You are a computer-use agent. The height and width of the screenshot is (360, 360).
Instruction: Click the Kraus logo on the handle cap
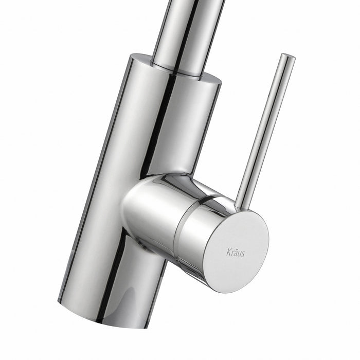click(236, 253)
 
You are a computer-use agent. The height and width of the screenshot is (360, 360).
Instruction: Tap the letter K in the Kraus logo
click(228, 251)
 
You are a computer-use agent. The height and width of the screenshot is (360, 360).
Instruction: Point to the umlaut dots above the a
click(235, 249)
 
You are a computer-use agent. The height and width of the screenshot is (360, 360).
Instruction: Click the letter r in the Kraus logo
click(232, 253)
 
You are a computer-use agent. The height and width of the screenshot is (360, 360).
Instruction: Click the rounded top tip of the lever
click(287, 56)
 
